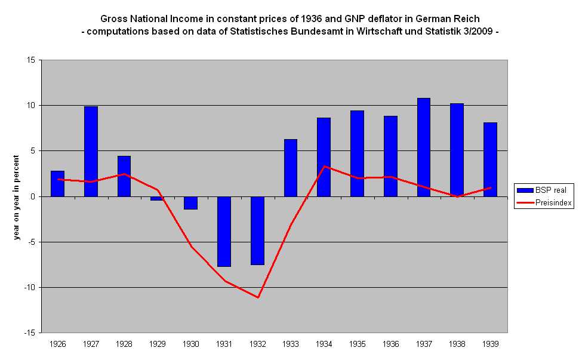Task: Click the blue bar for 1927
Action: [91, 151]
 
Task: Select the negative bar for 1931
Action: [224, 231]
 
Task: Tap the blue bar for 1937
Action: [424, 147]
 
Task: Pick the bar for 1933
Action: [291, 168]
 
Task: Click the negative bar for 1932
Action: [257, 230]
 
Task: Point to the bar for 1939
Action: [490, 159]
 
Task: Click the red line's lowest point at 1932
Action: [258, 297]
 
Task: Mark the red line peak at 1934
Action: [324, 166]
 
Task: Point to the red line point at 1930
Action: [191, 247]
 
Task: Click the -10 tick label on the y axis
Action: [27, 287]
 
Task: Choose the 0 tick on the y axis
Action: [31, 196]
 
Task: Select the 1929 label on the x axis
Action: [158, 344]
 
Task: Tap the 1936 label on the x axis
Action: [390, 344]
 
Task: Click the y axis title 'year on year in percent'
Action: [17, 196]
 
